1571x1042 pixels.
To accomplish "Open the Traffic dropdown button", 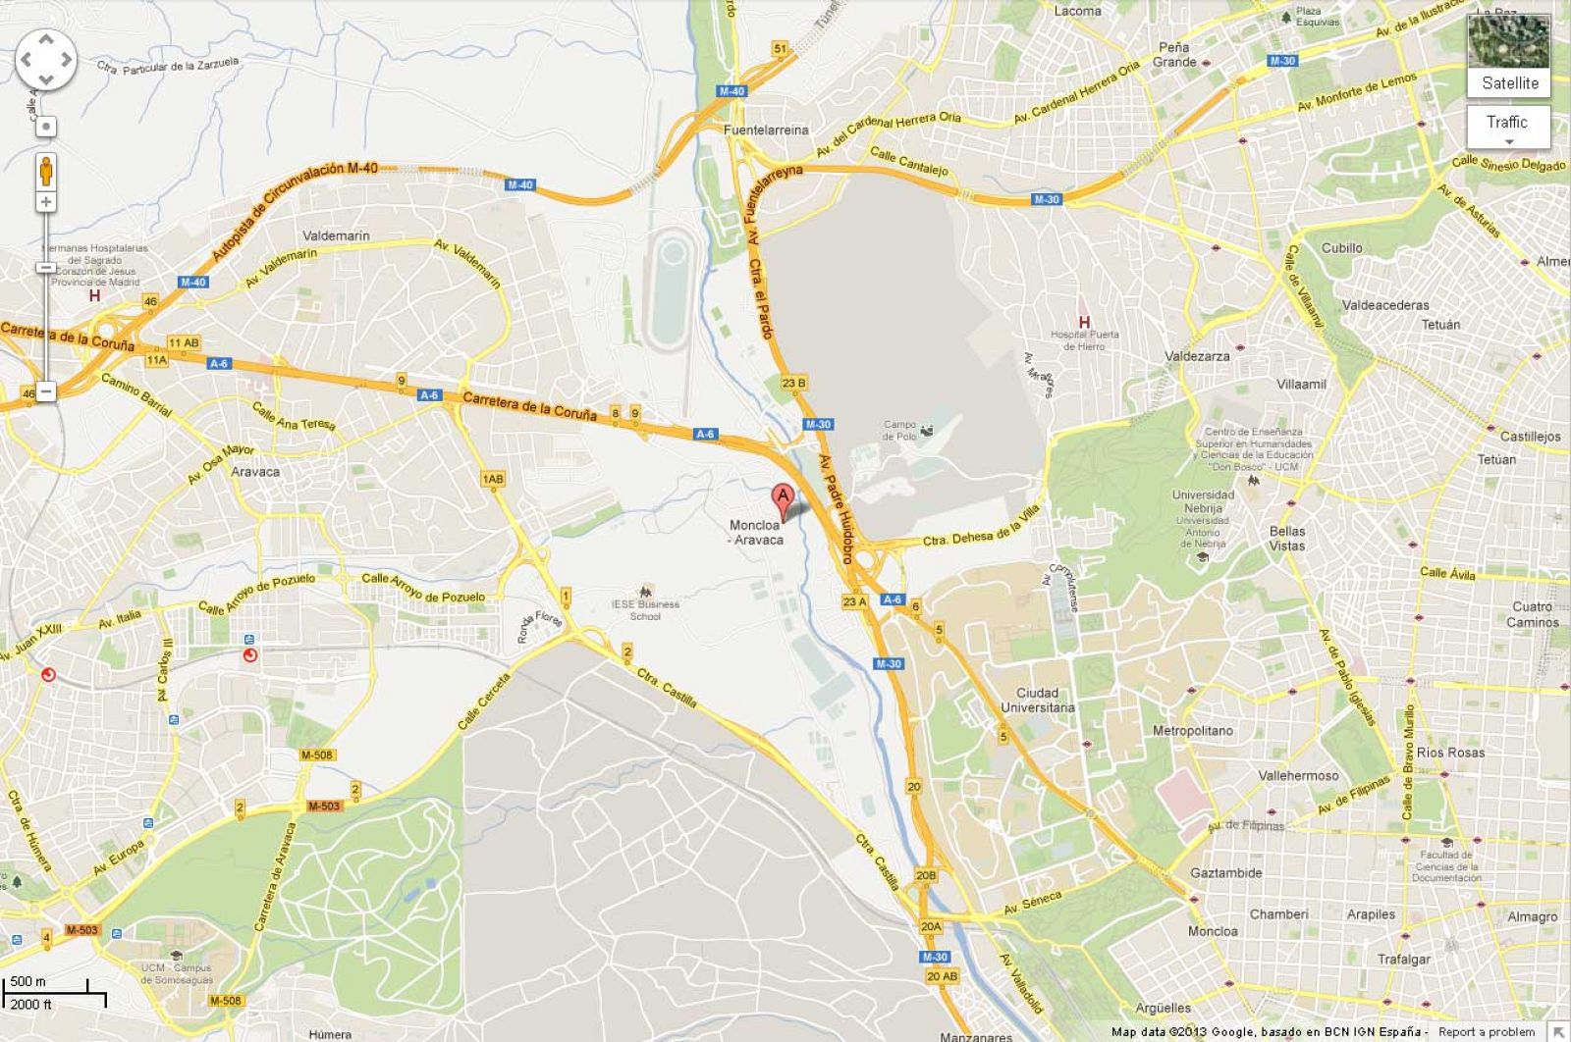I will [1507, 127].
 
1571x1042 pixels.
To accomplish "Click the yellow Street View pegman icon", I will [46, 171].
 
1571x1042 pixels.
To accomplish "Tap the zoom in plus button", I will [46, 202].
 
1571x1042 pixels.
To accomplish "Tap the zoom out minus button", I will [46, 391].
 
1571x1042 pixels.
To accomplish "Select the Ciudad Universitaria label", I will [1037, 700].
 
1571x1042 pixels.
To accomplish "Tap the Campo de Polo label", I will [900, 431].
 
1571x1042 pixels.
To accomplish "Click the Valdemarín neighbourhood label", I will [336, 235].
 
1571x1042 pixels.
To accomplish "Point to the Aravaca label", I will [255, 471].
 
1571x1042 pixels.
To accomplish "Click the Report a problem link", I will [1485, 1032].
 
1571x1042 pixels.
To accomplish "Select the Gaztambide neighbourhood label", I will [1226, 872].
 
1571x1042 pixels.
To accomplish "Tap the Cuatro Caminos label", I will [1533, 614].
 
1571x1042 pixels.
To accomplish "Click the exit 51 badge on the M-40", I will [781, 48].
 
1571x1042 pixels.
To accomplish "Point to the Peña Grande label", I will [1174, 54].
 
